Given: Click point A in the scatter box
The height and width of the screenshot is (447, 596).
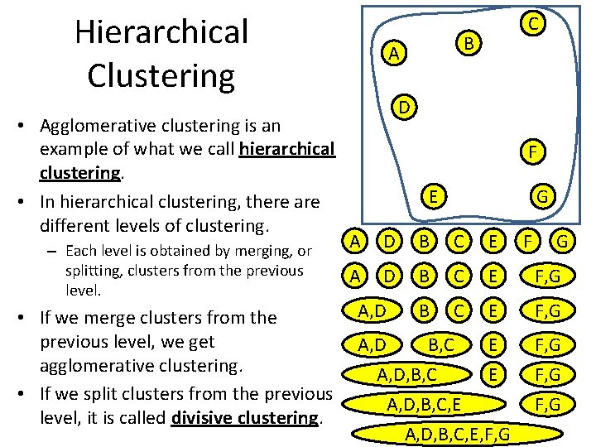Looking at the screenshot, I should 396,54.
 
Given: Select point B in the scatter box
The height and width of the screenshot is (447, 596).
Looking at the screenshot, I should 468,41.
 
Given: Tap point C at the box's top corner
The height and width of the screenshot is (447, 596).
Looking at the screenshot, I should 535,25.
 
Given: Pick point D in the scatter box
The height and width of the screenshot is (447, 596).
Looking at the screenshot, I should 402,108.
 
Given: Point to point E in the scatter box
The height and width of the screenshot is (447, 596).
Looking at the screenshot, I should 432,196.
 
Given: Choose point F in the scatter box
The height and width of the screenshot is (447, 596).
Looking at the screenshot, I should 535,152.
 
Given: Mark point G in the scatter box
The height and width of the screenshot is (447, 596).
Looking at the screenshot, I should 542,197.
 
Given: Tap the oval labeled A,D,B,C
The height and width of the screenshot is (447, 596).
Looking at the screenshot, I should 406,375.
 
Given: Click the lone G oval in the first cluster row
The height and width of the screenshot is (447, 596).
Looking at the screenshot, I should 563,243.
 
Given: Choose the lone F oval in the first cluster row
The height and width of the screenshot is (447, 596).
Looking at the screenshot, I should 523,243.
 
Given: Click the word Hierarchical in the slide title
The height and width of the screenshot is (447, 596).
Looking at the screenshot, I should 161,31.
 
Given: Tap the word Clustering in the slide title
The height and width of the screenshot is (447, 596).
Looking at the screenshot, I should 161,74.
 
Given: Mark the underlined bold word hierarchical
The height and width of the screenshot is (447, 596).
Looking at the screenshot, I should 286,149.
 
